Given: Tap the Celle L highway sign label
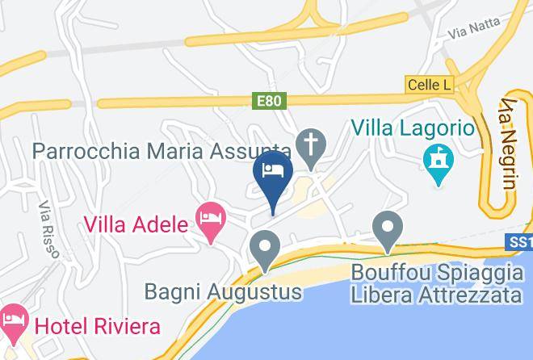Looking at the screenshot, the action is tap(428, 85).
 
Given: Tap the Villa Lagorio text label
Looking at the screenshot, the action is tap(411, 128).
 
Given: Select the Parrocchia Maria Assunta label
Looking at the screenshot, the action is tap(162, 151).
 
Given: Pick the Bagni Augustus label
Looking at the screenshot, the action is tap(223, 291).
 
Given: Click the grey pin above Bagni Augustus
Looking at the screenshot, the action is tap(264, 248).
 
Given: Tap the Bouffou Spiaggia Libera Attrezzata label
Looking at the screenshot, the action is tap(436, 283).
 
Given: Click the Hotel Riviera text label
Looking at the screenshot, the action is tap(97, 327).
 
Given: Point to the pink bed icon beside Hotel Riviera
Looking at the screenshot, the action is tap(13, 324).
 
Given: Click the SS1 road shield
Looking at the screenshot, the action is tap(521, 242).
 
